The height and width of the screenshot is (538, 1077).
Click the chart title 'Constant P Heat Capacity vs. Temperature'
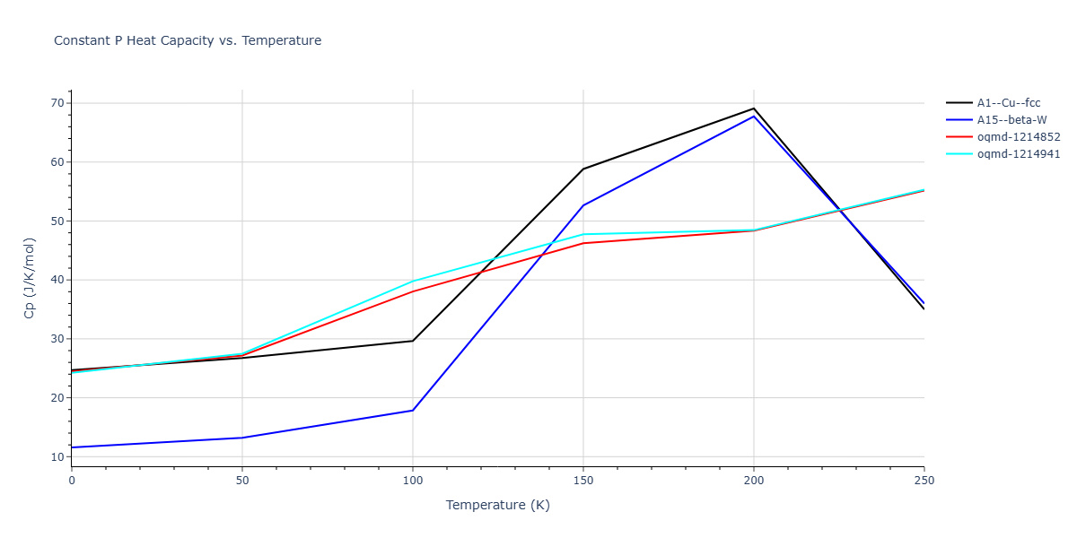(x=188, y=40)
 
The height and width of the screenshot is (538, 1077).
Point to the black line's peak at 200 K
(x=754, y=108)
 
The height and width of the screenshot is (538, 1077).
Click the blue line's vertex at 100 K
(x=413, y=410)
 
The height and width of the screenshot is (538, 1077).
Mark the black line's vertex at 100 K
(x=413, y=341)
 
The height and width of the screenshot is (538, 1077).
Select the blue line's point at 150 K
(x=583, y=205)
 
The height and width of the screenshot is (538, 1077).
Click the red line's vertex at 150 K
(x=583, y=243)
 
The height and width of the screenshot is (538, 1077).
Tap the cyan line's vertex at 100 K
(x=413, y=281)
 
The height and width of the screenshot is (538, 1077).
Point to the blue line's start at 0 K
(x=72, y=447)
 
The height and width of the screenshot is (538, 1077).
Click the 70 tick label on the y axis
(x=58, y=103)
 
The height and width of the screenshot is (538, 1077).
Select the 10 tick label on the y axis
(x=58, y=457)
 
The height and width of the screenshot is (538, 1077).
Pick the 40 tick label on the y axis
(x=58, y=280)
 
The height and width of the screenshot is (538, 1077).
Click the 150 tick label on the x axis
(x=583, y=481)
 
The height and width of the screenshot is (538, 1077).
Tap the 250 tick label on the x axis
(x=924, y=481)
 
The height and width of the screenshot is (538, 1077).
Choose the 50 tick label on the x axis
(x=242, y=481)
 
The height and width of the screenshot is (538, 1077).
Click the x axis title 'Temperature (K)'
(x=497, y=505)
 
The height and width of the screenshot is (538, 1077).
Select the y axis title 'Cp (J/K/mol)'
(x=29, y=278)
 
